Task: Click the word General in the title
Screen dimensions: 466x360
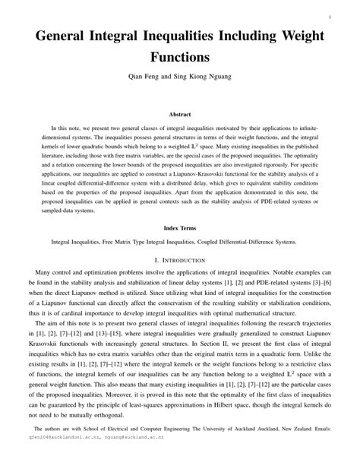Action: click(65, 36)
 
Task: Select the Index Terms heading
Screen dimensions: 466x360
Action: click(180, 227)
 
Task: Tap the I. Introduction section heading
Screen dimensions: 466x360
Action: click(180, 258)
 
